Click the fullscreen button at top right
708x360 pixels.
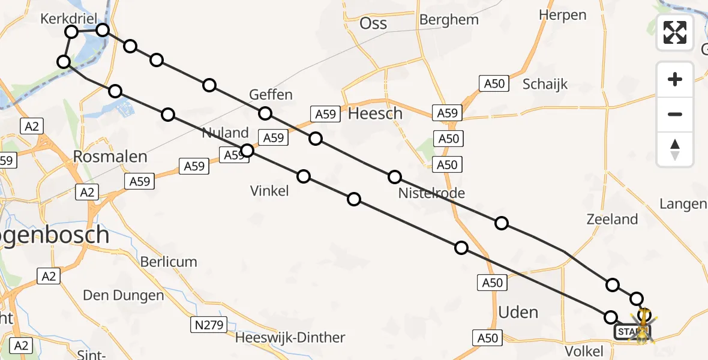pyautogui.click(x=675, y=32)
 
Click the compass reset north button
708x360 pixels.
pyautogui.click(x=675, y=149)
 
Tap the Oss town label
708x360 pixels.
pyautogui.click(x=373, y=24)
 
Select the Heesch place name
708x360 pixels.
pyautogui.click(x=375, y=113)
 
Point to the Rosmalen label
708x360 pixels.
pyautogui.click(x=110, y=157)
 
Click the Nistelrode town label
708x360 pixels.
pyautogui.click(x=431, y=193)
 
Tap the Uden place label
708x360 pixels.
pyautogui.click(x=518, y=312)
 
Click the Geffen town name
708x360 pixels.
pyautogui.click(x=271, y=94)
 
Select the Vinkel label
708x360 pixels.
pyautogui.click(x=269, y=191)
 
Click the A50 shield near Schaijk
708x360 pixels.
pyautogui.click(x=494, y=84)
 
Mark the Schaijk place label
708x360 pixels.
pyautogui.click(x=545, y=84)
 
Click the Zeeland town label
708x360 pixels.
pyautogui.click(x=612, y=220)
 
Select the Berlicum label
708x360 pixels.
pyautogui.click(x=169, y=262)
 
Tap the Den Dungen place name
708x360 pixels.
pyautogui.click(x=123, y=296)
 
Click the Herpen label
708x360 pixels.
pyautogui.click(x=562, y=15)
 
